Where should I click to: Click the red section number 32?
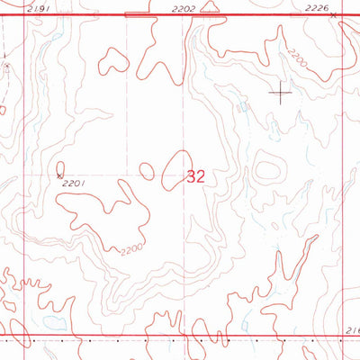(x=196, y=177)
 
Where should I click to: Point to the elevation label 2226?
(x=316, y=8)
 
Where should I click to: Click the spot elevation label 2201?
(x=74, y=184)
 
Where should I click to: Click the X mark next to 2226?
(x=333, y=15)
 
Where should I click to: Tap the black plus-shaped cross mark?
(x=282, y=92)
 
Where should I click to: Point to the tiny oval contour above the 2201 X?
(x=60, y=166)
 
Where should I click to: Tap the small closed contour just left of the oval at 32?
(x=146, y=169)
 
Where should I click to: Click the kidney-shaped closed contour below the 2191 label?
(x=114, y=60)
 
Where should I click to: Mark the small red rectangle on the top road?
(x=138, y=15)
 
